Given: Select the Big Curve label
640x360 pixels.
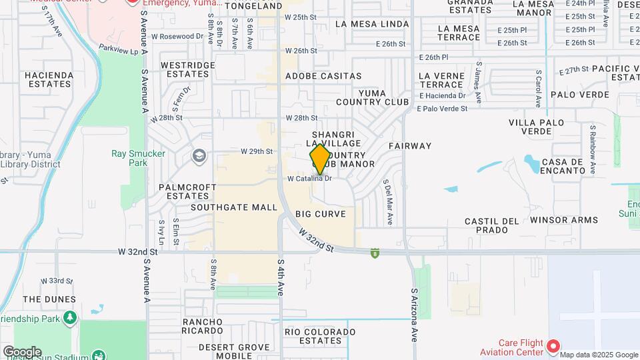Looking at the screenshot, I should (321, 214).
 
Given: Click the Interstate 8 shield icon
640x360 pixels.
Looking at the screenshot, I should (375, 252).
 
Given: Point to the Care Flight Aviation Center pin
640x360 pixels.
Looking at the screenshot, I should (553, 345).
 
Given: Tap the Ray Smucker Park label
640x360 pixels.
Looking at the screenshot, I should (128, 158).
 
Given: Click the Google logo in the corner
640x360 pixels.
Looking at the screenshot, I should (21, 351).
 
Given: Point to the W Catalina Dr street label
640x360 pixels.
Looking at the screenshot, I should (309, 179).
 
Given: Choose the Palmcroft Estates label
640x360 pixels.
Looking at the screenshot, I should (184, 191).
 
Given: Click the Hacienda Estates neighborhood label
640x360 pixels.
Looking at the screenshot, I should (48, 79).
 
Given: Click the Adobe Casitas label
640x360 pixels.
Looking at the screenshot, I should (323, 77).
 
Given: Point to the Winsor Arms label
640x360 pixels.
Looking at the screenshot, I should (564, 220).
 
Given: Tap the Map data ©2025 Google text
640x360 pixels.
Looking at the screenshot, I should (599, 354).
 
